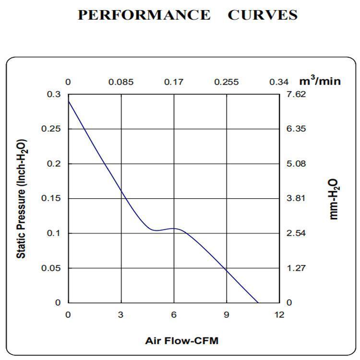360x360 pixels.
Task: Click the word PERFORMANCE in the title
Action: click(x=144, y=15)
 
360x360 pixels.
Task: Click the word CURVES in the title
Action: click(x=262, y=15)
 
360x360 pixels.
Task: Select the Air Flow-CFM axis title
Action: click(x=181, y=341)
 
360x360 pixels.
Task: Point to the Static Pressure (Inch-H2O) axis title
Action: click(x=22, y=199)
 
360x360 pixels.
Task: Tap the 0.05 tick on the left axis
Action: click(x=52, y=268)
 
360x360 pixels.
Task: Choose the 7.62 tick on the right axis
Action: click(x=296, y=95)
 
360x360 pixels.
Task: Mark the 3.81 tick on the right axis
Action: click(x=296, y=199)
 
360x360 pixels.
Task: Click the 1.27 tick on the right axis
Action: click(x=296, y=268)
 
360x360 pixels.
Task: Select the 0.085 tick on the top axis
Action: click(x=121, y=82)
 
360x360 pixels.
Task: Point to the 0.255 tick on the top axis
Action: click(x=227, y=82)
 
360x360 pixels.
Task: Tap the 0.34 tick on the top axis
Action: click(x=279, y=82)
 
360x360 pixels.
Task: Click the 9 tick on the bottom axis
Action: click(x=227, y=315)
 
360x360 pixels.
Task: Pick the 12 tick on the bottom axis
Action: click(x=279, y=315)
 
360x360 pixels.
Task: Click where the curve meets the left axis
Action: click(x=68, y=101)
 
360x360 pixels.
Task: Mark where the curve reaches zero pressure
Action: click(x=258, y=302)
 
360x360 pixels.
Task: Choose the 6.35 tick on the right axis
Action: click(x=296, y=129)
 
